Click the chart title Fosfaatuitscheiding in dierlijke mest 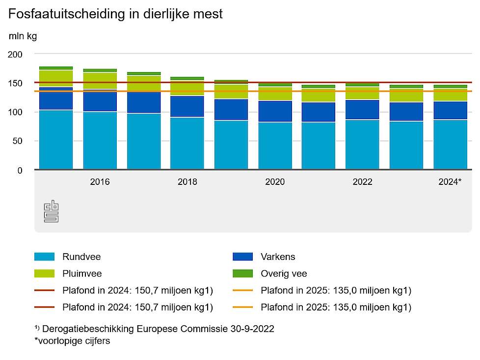pyautogui.click(x=115, y=14)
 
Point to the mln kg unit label pyautogui.click(x=23, y=36)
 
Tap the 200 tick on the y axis pyautogui.click(x=16, y=54)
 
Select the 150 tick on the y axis pyautogui.click(x=16, y=83)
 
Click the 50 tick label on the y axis pyautogui.click(x=18, y=141)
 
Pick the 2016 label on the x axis pyautogui.click(x=100, y=182)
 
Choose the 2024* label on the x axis pyautogui.click(x=450, y=182)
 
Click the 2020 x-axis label pyautogui.click(x=275, y=182)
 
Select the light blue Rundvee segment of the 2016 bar pyautogui.click(x=100, y=140)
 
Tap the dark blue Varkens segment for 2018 pyautogui.click(x=187, y=106)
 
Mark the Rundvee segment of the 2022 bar pyautogui.click(x=363, y=145)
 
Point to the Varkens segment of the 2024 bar pyautogui.click(x=450, y=110)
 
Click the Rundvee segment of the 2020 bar pyautogui.click(x=275, y=146)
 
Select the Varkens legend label pyautogui.click(x=278, y=257)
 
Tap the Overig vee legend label pyautogui.click(x=284, y=274)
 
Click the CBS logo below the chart pyautogui.click(x=51, y=211)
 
